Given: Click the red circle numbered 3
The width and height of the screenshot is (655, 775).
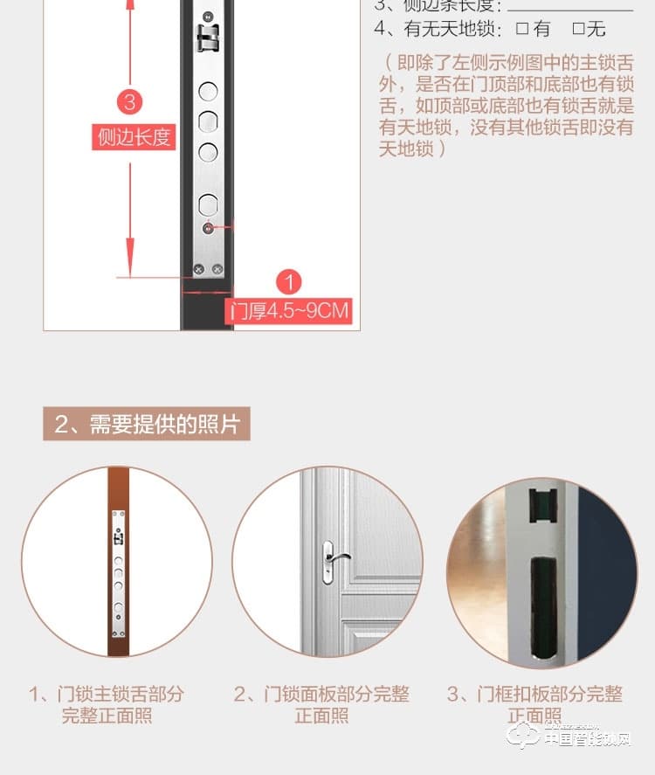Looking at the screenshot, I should pos(130,101).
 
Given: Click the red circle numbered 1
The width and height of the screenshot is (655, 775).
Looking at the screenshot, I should pos(288,281).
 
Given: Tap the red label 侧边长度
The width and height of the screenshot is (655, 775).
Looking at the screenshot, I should pos(134,137).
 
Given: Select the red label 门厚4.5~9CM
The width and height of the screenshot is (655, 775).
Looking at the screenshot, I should pos(289,311).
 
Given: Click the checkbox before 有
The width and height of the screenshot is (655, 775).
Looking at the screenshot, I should pos(522,29).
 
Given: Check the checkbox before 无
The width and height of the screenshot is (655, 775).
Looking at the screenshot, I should pos(578,29).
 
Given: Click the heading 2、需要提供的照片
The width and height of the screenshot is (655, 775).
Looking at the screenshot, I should pos(146,425).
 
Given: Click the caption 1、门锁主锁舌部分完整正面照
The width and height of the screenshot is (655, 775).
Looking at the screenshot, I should pos(107,705).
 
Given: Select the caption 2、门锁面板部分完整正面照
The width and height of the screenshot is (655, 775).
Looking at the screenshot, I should pos(321,705).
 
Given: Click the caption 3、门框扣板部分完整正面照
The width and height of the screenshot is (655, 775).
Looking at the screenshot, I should pos(534,705).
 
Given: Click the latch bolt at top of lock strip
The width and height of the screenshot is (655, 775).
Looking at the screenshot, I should pos(207,36).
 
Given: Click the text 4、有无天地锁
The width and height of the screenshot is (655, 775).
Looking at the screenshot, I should pos(438,29).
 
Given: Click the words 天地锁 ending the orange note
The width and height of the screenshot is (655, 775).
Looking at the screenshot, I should pos(406,149).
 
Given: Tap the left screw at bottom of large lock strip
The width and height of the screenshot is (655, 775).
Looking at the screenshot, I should pos(199,269).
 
